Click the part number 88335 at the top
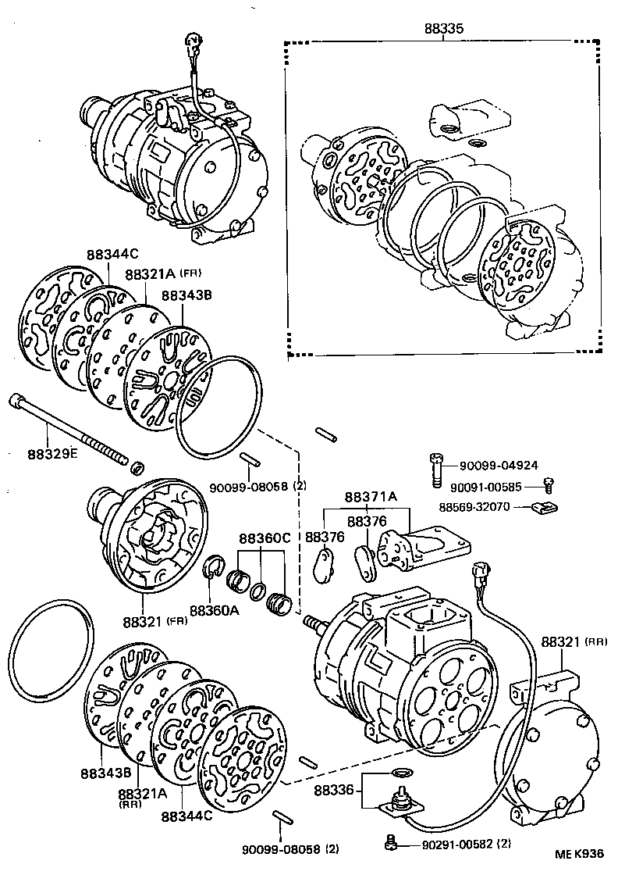point(444,28)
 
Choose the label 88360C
point(265,538)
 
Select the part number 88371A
point(371,497)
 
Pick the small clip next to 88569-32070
point(543,509)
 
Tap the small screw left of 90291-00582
point(392,841)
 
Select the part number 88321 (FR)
point(155,623)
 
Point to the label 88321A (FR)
point(153,275)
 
